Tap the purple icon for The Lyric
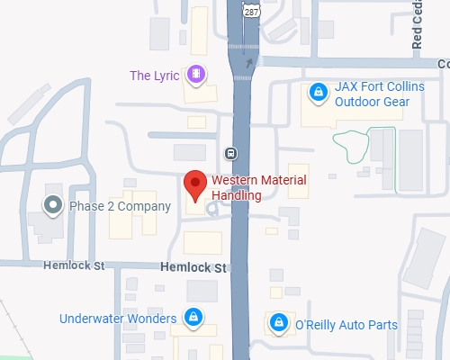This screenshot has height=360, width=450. tap(195, 73)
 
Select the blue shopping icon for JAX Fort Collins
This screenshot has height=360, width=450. tap(317, 92)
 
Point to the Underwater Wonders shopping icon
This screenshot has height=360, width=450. tap(193, 318)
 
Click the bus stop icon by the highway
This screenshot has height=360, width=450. tap(231, 152)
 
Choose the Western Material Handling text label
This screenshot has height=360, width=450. tap(258, 187)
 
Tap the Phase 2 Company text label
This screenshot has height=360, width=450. tap(120, 206)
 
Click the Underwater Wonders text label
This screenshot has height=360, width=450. tap(118, 318)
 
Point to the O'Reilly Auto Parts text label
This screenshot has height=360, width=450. tap(346, 324)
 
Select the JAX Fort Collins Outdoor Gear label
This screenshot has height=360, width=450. tap(372, 94)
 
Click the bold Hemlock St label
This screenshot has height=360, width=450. tap(192, 267)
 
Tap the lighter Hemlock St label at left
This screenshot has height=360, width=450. tap(76, 266)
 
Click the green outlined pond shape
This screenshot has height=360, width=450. tap(353, 144)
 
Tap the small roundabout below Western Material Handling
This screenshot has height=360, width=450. tap(213, 211)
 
